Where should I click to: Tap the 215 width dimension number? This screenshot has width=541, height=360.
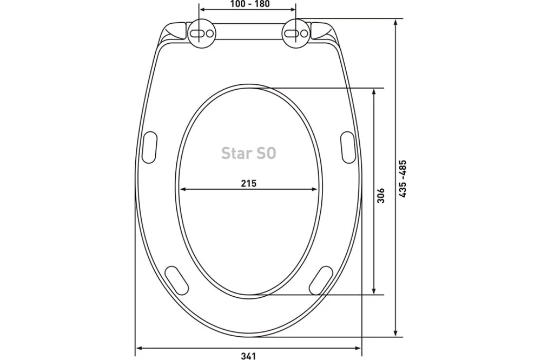[249, 183]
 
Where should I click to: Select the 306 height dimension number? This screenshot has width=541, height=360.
[380, 196]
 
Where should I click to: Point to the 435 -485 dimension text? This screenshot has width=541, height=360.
[403, 179]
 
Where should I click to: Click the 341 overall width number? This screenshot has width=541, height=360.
[248, 356]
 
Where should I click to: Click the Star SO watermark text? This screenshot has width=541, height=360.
[249, 153]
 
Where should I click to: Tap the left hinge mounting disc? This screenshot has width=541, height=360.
[202, 34]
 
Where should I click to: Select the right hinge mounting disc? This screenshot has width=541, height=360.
[296, 33]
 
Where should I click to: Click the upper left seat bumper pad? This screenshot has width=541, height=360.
[150, 147]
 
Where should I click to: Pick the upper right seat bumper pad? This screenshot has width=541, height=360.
[348, 147]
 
